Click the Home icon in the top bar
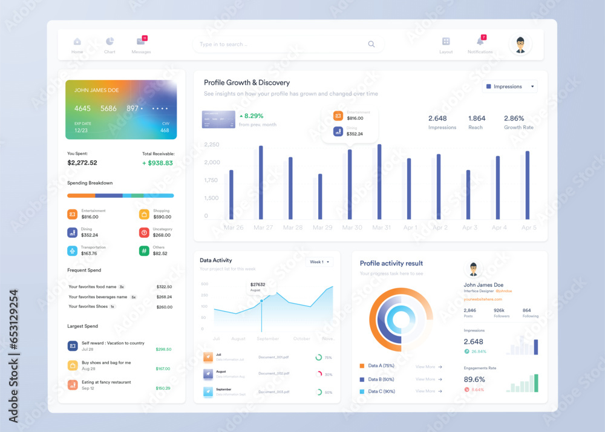click(x=77, y=42)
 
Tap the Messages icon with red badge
click(x=141, y=41)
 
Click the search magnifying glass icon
click(x=371, y=44)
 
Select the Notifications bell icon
click(x=480, y=41)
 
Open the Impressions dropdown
click(x=511, y=87)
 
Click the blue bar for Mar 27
click(x=261, y=182)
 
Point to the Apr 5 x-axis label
click(x=529, y=227)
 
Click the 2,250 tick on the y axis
click(x=212, y=145)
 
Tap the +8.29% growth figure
click(x=253, y=116)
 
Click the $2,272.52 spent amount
click(x=82, y=163)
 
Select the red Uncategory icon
click(x=144, y=232)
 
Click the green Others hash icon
click(x=144, y=250)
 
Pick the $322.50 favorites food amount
click(x=164, y=287)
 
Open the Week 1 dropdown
click(x=320, y=262)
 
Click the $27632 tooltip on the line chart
click(x=258, y=284)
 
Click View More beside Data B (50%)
click(x=428, y=379)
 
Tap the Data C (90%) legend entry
click(x=381, y=391)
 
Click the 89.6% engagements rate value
click(x=474, y=379)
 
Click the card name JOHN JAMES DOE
click(x=97, y=90)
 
